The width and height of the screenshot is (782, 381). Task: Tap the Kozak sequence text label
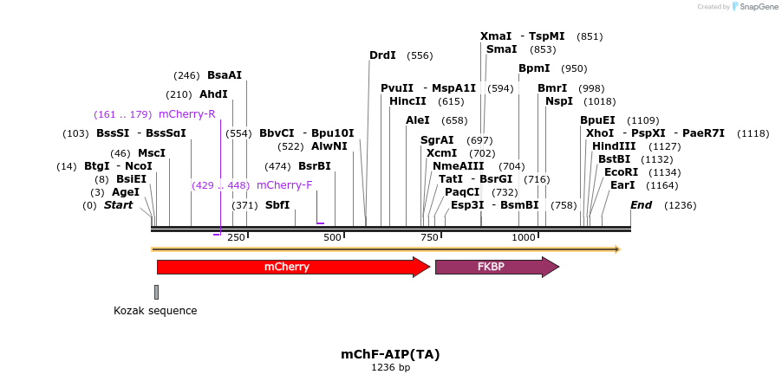[x=155, y=311]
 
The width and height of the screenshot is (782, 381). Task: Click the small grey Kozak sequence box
[x=156, y=292]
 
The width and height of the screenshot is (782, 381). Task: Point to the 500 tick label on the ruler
[x=333, y=237]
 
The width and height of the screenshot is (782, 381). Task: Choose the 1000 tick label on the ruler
[x=524, y=237]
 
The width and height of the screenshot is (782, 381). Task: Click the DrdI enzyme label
[x=382, y=55]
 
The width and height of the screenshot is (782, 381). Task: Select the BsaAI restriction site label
[x=225, y=75]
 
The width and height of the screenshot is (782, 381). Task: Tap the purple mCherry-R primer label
[x=187, y=114]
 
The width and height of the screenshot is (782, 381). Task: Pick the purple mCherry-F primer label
[x=284, y=185]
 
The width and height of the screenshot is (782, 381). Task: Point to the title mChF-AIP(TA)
[x=390, y=354]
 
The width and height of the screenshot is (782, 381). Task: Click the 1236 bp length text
[x=390, y=368]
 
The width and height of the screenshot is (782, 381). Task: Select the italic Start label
[x=119, y=205]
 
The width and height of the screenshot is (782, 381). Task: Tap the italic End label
[x=642, y=205]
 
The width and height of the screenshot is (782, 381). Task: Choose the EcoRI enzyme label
[x=621, y=172]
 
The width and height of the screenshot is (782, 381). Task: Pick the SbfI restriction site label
[x=277, y=205]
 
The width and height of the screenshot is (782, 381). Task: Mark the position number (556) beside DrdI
[x=420, y=55]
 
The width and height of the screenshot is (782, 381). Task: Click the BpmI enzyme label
[x=534, y=68]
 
